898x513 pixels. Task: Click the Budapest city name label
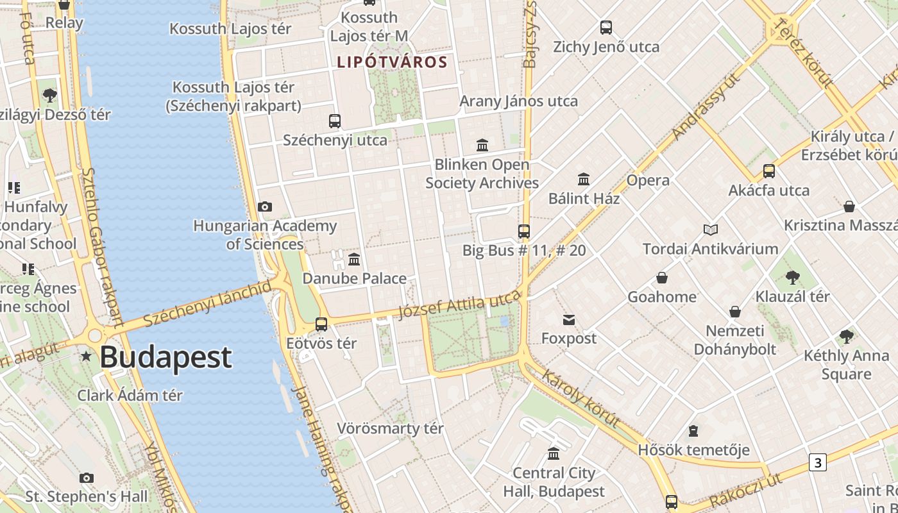(x=165, y=357)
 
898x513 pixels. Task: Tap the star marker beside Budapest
(x=86, y=357)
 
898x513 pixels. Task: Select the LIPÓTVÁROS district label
(x=391, y=62)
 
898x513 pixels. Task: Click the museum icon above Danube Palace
(x=354, y=259)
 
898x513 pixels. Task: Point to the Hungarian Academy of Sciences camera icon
(x=264, y=206)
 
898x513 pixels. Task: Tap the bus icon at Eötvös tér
(x=321, y=324)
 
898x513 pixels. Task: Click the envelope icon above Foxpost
(x=569, y=319)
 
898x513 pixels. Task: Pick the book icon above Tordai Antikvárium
(x=710, y=230)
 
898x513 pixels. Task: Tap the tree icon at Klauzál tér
(x=793, y=278)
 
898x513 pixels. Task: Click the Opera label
(x=648, y=180)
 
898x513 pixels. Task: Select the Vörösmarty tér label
(x=390, y=428)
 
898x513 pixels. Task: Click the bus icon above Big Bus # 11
(x=524, y=231)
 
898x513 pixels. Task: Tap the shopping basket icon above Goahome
(x=662, y=278)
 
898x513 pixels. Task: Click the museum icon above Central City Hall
(x=554, y=454)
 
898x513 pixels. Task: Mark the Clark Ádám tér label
(x=130, y=395)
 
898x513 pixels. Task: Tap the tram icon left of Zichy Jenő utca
(x=606, y=28)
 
